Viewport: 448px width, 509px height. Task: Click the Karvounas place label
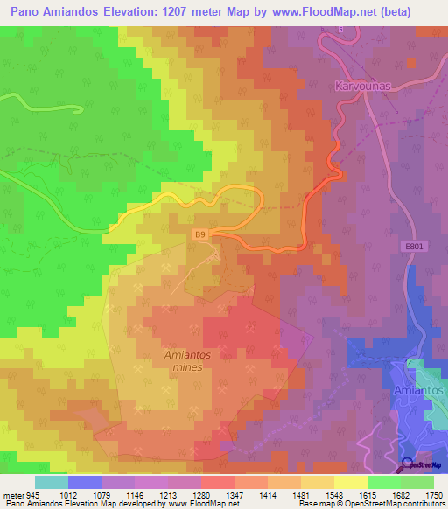pos(361,87)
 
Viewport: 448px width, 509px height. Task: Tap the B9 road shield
pos(201,234)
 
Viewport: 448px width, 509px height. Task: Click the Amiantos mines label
pos(187,361)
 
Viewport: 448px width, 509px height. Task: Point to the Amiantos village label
pos(419,390)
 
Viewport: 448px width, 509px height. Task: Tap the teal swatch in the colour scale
pos(51,482)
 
